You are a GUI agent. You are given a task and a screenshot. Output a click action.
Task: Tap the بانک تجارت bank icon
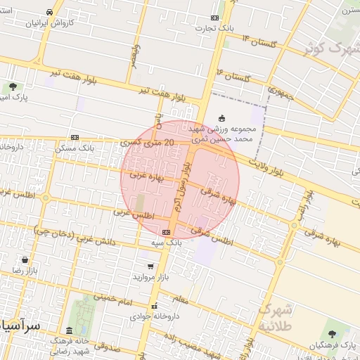click(214, 18)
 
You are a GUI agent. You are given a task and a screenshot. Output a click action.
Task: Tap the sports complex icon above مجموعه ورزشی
click(223, 118)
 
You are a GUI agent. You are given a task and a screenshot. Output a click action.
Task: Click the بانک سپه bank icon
click(166, 232)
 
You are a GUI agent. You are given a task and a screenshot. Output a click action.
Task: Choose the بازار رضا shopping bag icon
click(25, 259)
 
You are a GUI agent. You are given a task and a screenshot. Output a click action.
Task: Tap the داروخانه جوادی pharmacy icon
click(155, 306)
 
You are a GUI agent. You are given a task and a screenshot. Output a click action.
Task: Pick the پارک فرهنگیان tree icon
click(332, 334)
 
